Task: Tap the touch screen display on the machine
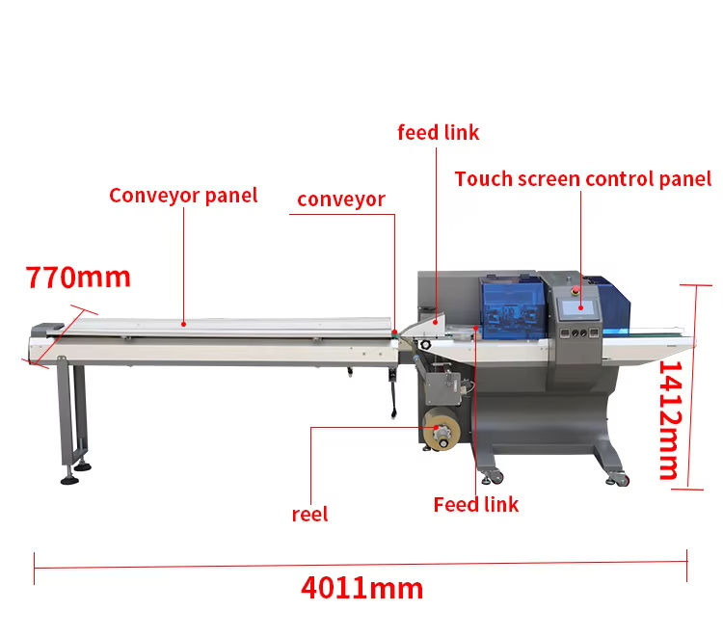pyautogui.click(x=577, y=308)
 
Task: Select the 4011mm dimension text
pyautogui.click(x=361, y=587)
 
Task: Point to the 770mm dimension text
pyautogui.click(x=78, y=278)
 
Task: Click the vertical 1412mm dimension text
pyautogui.click(x=668, y=421)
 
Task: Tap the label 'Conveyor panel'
pyautogui.click(x=183, y=196)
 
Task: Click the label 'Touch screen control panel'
pyautogui.click(x=583, y=179)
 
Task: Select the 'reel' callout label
pyautogui.click(x=309, y=515)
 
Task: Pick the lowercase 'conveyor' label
pyautogui.click(x=340, y=199)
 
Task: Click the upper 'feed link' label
pyautogui.click(x=438, y=133)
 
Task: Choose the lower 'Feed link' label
pyautogui.click(x=475, y=505)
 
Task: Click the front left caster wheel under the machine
pyautogui.click(x=495, y=477)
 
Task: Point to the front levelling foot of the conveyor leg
pyautogui.click(x=69, y=479)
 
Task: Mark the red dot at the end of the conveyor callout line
pyautogui.click(x=394, y=333)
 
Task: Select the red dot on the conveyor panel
pyautogui.click(x=183, y=325)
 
